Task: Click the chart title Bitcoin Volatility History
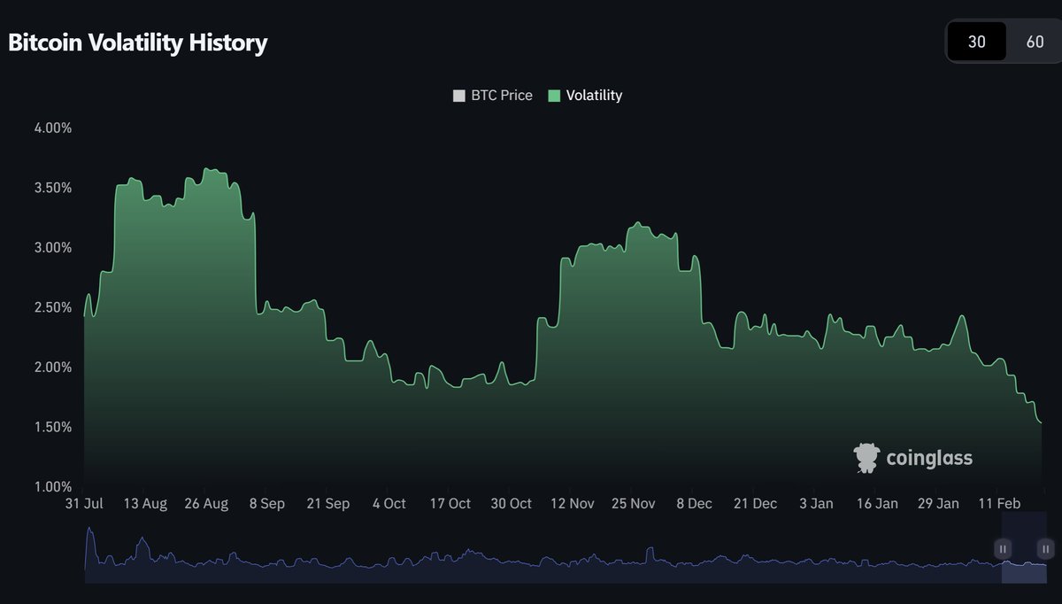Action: pos(137,43)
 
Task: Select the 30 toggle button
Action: pos(976,42)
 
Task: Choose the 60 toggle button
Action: pos(1035,42)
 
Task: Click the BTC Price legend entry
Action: pos(493,96)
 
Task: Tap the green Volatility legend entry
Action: pos(585,96)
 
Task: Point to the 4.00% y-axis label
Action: pos(52,128)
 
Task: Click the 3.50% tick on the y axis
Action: pos(52,188)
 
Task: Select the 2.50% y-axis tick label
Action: pos(52,307)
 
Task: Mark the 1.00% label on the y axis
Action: pos(52,486)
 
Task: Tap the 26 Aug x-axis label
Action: pos(205,504)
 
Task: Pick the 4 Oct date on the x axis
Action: pos(389,504)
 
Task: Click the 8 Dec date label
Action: pos(694,504)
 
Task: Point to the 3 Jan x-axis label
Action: pos(816,504)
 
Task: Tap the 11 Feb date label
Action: pos(998,504)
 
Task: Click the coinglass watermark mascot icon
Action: pos(866,458)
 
